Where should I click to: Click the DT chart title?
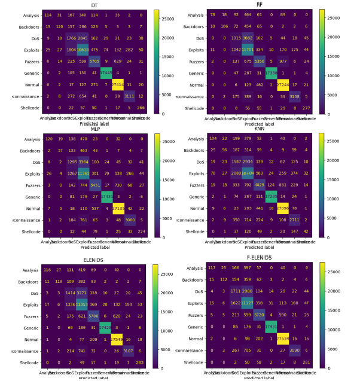[94, 5]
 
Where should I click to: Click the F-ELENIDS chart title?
[258, 258]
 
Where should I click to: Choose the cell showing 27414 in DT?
[118, 86]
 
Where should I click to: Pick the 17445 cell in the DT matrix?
[106, 74]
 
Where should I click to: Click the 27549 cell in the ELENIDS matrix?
[118, 339]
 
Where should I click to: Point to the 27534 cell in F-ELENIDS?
[282, 339]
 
